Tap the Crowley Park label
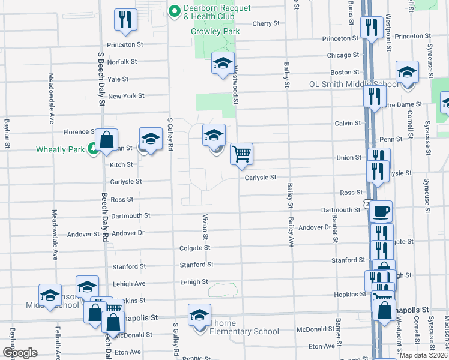215,31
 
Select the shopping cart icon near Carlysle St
241,154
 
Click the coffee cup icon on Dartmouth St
381,211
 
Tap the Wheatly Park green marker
93,149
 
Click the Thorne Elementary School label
244,331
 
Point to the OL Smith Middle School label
354,85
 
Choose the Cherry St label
267,24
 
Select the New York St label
126,96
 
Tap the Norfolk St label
122,62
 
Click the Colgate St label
194,248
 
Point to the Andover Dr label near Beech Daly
128,233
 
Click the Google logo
20,353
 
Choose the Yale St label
118,79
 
